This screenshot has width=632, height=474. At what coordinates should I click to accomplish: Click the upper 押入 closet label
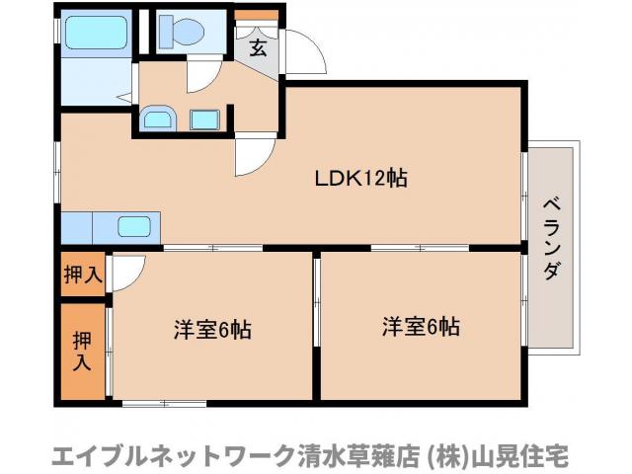[x=83, y=273]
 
